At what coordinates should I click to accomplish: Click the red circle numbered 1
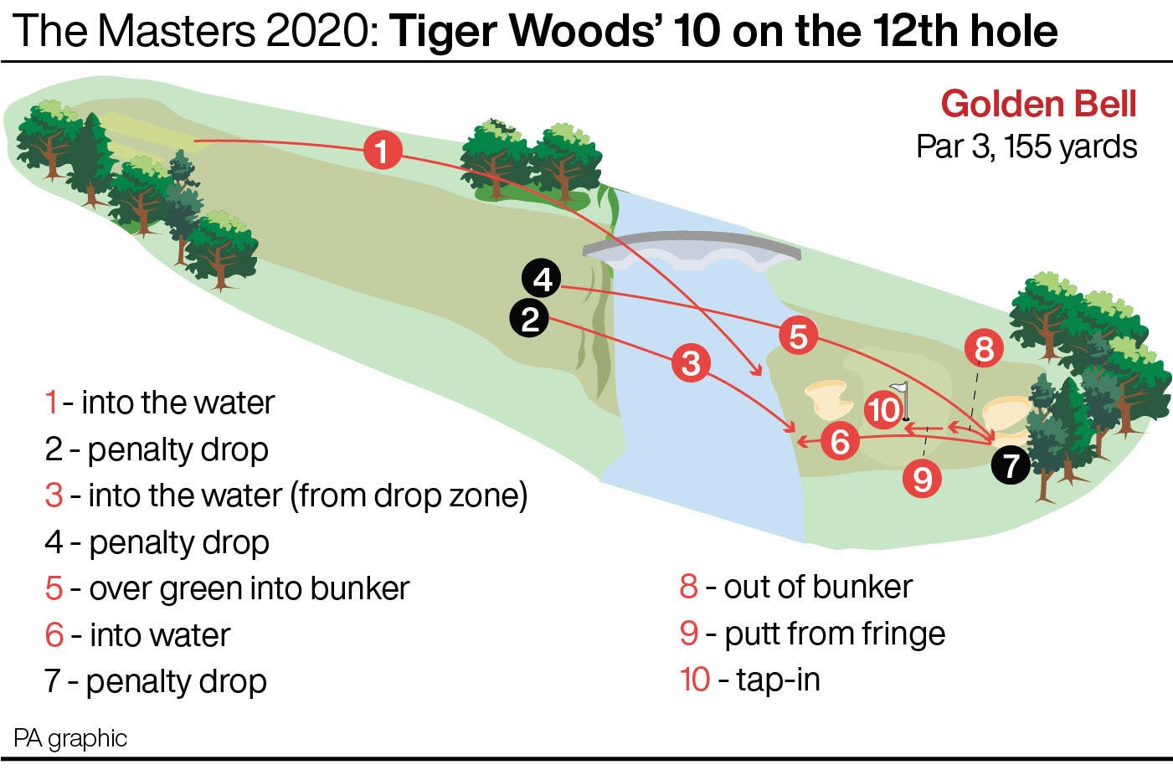[x=383, y=151]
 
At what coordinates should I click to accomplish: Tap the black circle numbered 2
[x=529, y=319]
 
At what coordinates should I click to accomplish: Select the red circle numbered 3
[x=691, y=363]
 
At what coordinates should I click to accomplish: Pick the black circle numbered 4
[x=543, y=279]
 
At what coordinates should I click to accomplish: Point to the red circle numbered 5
[x=798, y=336]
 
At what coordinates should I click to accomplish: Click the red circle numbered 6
[x=840, y=440]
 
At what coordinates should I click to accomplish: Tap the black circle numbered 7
[x=1011, y=465]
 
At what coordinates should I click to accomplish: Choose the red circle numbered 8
[x=984, y=348]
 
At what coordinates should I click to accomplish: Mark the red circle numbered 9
[x=923, y=479]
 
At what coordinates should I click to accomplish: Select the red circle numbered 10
[x=884, y=410]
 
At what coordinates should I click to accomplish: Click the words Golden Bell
[x=1039, y=104]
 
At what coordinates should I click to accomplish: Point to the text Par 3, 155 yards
[x=1026, y=146]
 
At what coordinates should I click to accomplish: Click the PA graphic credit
[x=70, y=738]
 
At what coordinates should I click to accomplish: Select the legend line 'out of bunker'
[x=796, y=587]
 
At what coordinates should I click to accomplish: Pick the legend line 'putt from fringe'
[x=813, y=634]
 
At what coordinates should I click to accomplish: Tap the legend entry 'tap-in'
[x=750, y=679]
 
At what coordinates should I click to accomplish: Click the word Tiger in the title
[x=445, y=31]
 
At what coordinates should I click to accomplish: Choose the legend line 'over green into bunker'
[x=227, y=588]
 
